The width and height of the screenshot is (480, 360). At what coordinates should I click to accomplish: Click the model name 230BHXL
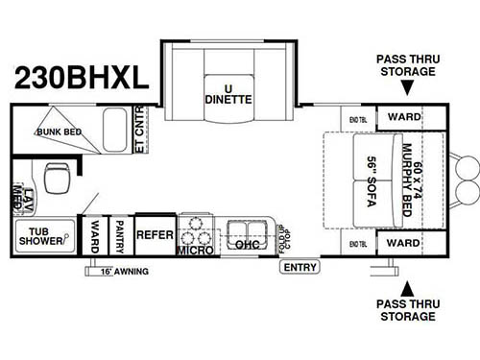81,77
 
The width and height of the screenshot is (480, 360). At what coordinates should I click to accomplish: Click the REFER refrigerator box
154,234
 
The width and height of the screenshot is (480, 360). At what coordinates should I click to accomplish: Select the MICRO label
196,251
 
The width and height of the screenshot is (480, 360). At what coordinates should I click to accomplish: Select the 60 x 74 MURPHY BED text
411,179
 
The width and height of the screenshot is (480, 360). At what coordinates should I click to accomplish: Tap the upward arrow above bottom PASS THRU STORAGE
408,286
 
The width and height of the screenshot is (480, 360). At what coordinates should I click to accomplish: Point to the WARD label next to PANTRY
95,236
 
